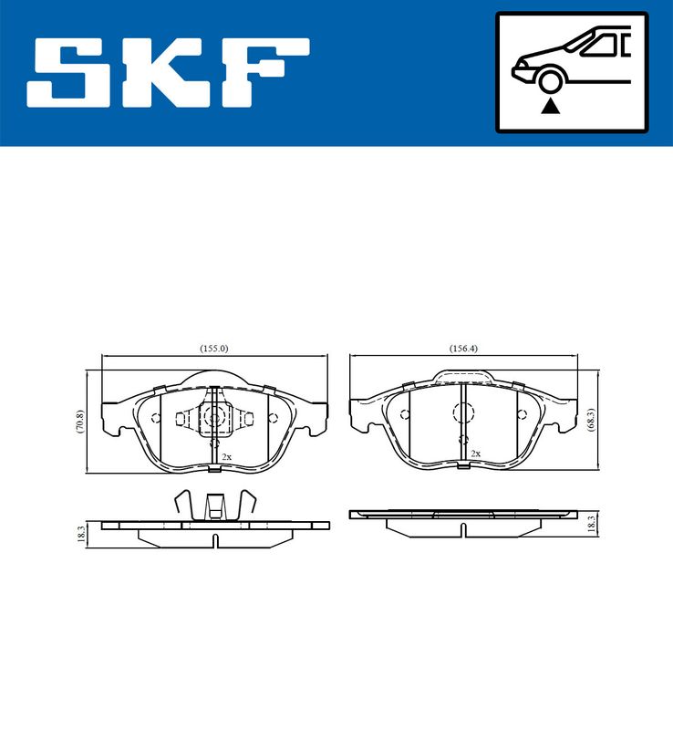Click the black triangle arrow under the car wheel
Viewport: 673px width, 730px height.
[549, 107]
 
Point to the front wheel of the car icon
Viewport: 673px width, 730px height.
[549, 82]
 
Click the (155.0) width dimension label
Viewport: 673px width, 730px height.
[213, 348]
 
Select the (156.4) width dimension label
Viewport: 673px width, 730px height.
[463, 348]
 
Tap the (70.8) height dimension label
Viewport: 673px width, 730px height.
[80, 422]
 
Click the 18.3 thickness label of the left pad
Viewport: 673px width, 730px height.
[82, 534]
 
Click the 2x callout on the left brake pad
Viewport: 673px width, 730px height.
[225, 455]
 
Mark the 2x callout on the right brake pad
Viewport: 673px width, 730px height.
[475, 453]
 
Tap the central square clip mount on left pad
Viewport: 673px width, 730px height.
[214, 417]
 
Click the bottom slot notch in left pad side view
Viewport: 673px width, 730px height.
[214, 540]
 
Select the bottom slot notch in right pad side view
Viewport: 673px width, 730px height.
[463, 529]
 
